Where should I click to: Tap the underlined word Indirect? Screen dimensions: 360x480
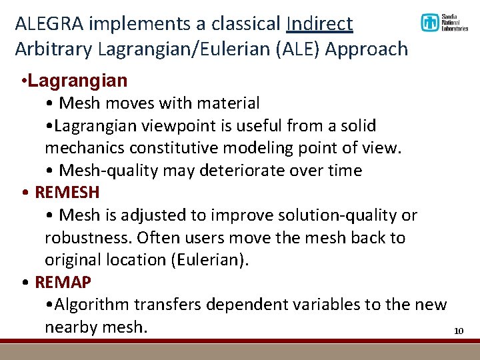coord(319,24)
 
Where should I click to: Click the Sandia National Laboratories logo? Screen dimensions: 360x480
coord(443,23)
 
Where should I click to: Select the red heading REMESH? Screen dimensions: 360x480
coord(67,193)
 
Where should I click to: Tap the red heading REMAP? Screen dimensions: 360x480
coord(63,282)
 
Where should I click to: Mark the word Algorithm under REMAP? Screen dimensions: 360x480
coord(93,305)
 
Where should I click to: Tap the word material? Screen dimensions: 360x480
coord(227,103)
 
